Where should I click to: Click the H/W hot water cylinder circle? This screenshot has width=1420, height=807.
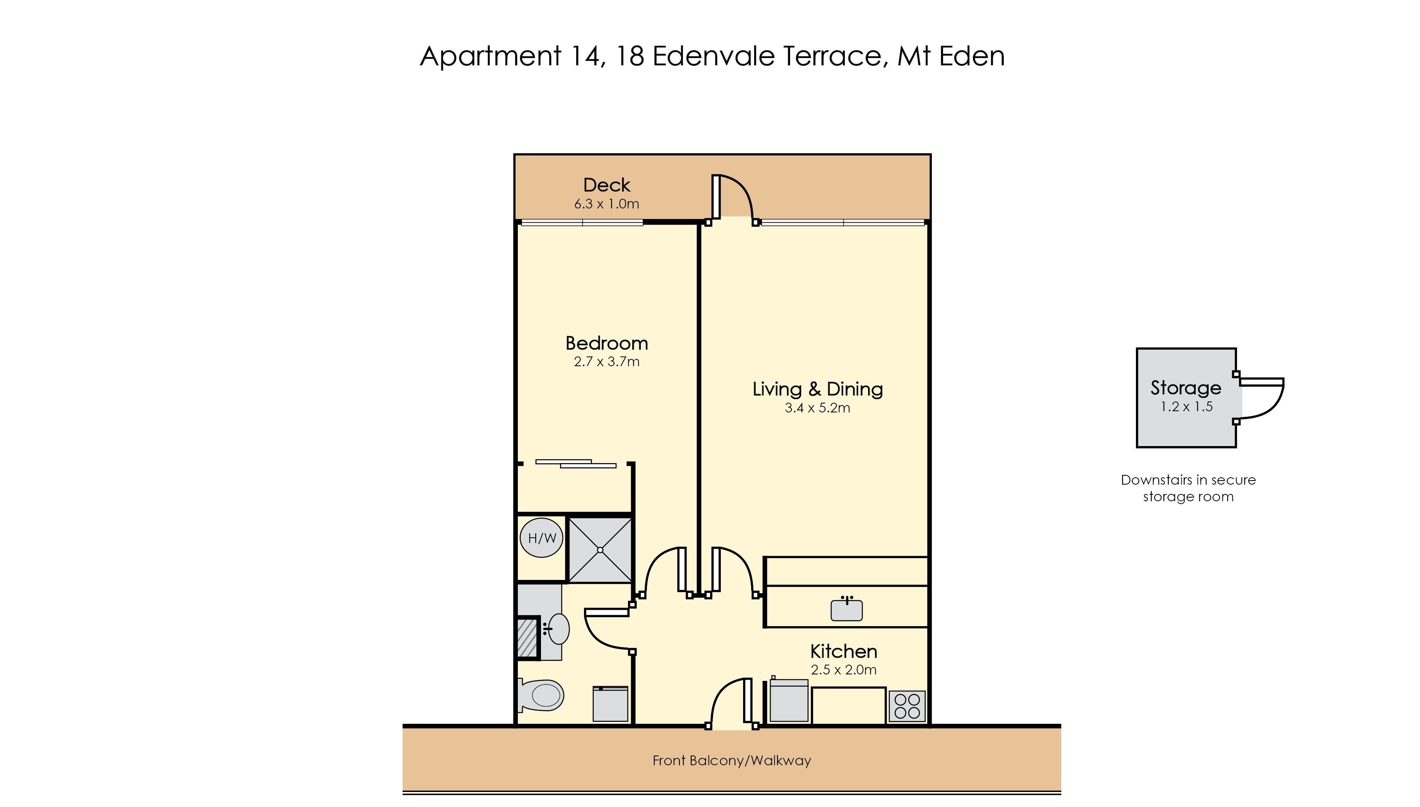541,538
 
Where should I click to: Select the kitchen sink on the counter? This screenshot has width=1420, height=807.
847,609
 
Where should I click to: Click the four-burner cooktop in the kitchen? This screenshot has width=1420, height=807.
907,706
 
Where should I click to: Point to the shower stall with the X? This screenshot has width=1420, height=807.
600,550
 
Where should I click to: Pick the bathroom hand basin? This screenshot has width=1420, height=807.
556,629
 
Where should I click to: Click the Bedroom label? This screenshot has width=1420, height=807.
607,343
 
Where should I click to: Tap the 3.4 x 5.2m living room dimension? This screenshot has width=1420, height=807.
817,408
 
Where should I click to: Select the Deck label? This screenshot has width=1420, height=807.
607,185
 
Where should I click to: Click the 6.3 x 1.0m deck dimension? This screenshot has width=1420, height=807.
607,204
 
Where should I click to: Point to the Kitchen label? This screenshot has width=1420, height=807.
844,651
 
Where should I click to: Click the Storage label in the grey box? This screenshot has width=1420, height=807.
1186,387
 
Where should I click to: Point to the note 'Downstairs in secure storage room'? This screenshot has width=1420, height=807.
1188,488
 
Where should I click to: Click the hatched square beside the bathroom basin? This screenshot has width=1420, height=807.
528,637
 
